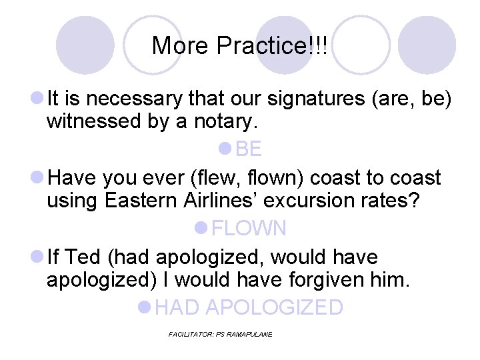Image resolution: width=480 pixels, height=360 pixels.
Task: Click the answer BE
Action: coord(248,149)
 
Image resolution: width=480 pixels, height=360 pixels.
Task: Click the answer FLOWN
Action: coord(248,229)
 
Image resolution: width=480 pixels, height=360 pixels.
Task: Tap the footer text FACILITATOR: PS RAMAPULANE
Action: coord(221,334)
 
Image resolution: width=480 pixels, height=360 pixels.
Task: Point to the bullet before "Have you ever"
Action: coord(38,178)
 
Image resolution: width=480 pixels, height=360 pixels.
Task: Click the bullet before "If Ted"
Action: coord(38,257)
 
